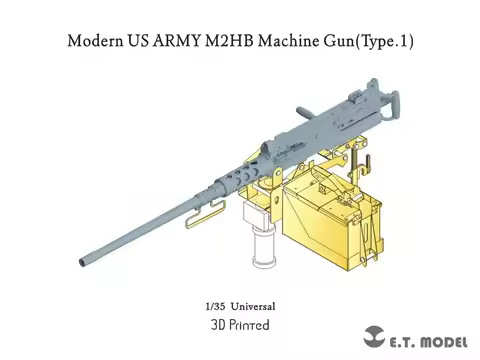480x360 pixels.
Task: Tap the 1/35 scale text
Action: [212, 305]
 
